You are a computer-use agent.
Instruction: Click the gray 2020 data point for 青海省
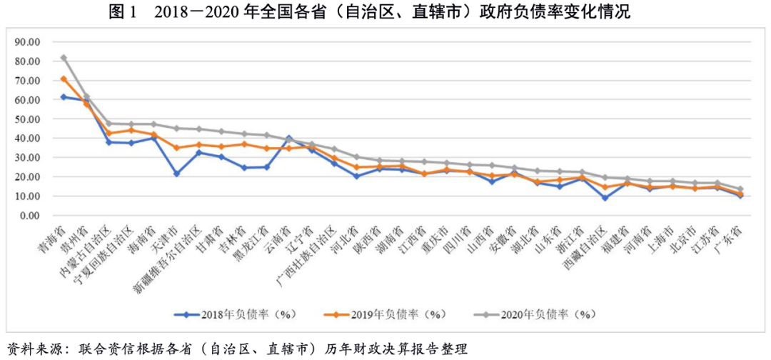point(64,58)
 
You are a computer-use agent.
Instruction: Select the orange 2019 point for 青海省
point(64,79)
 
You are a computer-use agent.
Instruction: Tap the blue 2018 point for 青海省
point(64,96)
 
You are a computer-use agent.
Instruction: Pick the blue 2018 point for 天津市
point(176,174)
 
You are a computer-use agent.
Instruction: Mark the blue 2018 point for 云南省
point(289,137)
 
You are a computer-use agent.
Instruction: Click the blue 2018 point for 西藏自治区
point(605,198)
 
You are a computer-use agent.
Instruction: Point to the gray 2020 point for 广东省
point(741,189)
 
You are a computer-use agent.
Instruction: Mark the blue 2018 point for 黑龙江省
point(267,167)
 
